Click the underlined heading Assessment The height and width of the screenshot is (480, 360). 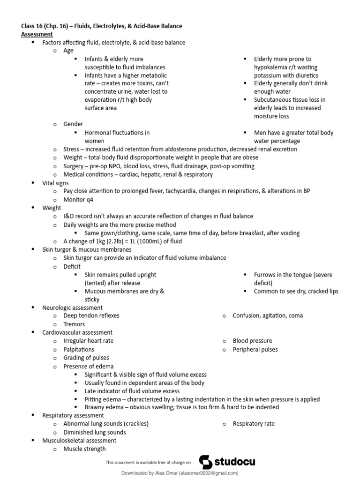click(37, 34)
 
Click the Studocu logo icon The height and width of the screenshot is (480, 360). click(206, 462)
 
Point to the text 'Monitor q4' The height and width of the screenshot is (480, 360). click(79, 199)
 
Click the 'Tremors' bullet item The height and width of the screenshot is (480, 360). click(75, 324)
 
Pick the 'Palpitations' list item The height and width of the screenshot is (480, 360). click(79, 349)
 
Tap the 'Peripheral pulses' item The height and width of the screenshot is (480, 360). click(255, 349)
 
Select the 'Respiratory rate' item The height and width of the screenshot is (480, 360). click(254, 424)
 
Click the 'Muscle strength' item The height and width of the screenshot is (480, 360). click(85, 449)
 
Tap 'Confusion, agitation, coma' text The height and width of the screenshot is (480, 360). click(268, 315)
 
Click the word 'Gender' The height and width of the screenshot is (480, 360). click(73, 124)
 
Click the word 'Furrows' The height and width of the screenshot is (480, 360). click(266, 275)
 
